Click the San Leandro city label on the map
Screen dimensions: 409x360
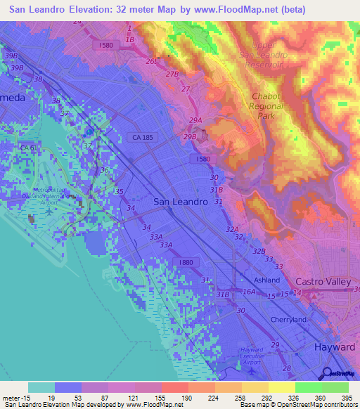pos(180,202)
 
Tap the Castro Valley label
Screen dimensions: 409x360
pos(323,282)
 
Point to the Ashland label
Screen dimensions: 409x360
pos(266,280)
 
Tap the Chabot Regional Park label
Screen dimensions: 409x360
pos(267,106)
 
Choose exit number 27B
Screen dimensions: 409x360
pos(173,74)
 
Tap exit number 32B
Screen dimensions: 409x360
pos(259,251)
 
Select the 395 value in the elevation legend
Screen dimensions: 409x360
pos(348,397)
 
